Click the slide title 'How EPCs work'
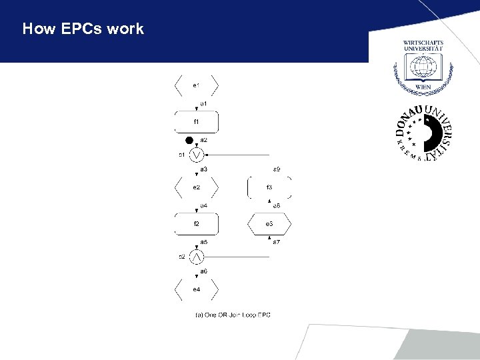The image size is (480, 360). click(83, 29)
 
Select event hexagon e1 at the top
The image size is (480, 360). click(196, 85)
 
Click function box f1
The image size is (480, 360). click(196, 122)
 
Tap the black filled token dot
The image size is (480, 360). click(189, 141)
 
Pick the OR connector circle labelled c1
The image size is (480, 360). click(196, 155)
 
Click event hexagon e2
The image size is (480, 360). click(196, 187)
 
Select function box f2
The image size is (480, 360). click(196, 223)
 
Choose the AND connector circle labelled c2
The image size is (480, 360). click(196, 257)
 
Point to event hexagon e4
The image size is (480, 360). click(196, 289)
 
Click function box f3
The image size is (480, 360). click(269, 187)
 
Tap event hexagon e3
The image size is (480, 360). click(269, 223)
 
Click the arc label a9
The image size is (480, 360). click(277, 169)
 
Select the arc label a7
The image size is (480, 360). click(276, 241)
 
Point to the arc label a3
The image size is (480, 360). click(203, 169)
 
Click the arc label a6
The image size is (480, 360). click(203, 271)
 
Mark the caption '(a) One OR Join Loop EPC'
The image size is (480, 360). click(233, 315)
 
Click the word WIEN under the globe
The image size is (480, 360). click(423, 87)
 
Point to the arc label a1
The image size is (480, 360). click(203, 104)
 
